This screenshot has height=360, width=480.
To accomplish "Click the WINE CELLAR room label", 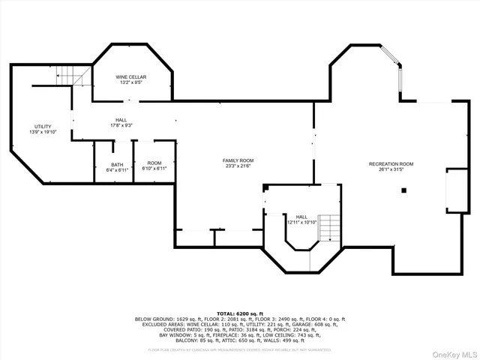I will pos(130,77).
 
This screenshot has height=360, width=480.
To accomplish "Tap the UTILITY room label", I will pos(43,126).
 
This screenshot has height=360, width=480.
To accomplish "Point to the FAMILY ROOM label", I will pos(238,160).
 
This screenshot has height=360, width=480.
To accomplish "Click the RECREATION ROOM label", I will pos(391,163).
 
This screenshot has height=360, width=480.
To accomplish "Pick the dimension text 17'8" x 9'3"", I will pos(121,125).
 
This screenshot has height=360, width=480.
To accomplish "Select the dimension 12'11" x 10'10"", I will pos(302,222).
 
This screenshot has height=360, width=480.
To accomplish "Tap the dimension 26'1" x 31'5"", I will pos(391,169).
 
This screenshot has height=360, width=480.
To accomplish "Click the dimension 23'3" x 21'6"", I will pos(238,166).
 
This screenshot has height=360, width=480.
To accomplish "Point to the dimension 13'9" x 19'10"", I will pos(43,132).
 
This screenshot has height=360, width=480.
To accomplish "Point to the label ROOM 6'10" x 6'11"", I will pos(154,166).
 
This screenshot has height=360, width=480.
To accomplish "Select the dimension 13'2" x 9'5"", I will pos(130,83).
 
